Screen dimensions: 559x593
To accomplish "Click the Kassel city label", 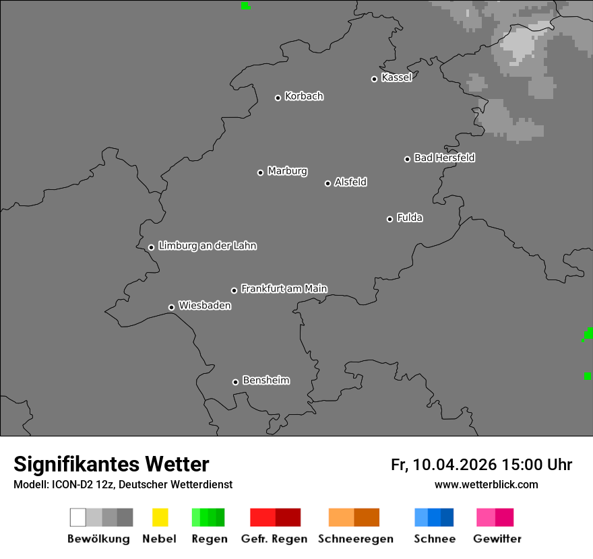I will (x=396, y=77).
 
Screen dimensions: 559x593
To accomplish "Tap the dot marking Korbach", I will (x=278, y=98).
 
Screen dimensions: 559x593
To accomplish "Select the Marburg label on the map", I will (x=287, y=171).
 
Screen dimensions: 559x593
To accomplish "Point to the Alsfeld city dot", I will (x=327, y=183).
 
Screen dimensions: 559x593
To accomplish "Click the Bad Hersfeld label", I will (x=444, y=158).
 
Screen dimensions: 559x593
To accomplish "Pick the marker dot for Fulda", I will (x=389, y=219).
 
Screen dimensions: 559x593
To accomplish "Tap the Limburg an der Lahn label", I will (x=207, y=246).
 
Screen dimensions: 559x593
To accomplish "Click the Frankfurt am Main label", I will (x=284, y=289).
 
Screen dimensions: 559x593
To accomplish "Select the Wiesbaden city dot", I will (x=171, y=307).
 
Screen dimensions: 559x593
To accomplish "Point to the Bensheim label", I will (x=266, y=381).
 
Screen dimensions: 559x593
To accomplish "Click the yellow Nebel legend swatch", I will (x=160, y=517).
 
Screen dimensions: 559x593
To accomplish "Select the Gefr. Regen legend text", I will (x=274, y=539).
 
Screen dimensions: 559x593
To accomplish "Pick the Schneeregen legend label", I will (x=356, y=539).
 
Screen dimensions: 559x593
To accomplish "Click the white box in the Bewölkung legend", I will (x=77, y=517).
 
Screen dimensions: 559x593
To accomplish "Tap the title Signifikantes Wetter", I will (x=111, y=464).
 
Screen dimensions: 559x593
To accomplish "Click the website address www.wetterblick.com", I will (x=486, y=485).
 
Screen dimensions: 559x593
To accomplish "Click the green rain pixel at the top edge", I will (x=245, y=5).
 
